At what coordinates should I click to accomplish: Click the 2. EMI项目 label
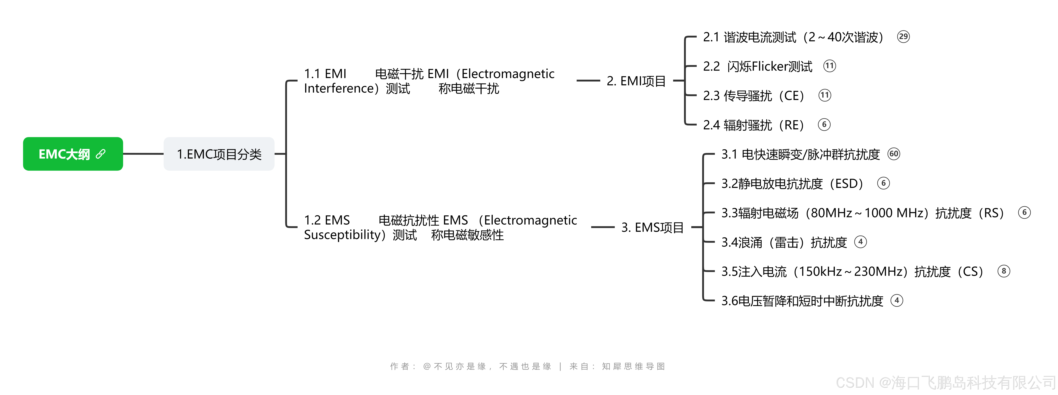pyautogui.click(x=636, y=81)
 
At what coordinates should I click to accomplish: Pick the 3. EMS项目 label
pyautogui.click(x=652, y=227)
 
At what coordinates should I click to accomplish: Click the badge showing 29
pyautogui.click(x=903, y=37)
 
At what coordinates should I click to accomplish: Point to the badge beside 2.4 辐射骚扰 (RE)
pyautogui.click(x=824, y=125)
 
